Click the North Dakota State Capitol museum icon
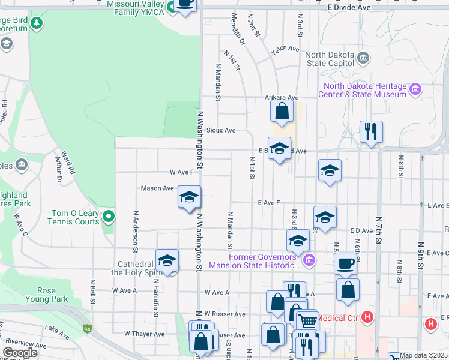pyautogui.click(x=363, y=58)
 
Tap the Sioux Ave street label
pyautogui.click(x=221, y=130)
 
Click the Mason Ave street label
pyautogui.click(x=157, y=188)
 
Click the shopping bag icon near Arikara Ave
pyautogui.click(x=282, y=111)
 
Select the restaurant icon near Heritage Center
pyautogui.click(x=371, y=131)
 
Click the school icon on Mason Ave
pyautogui.click(x=189, y=196)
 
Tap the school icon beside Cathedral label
pyautogui.click(x=167, y=260)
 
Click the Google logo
pyautogui.click(x=20, y=353)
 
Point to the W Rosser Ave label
pyautogui.click(x=224, y=314)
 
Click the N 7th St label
pyautogui.click(x=379, y=230)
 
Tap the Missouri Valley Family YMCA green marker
pyautogui.click(x=171, y=8)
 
